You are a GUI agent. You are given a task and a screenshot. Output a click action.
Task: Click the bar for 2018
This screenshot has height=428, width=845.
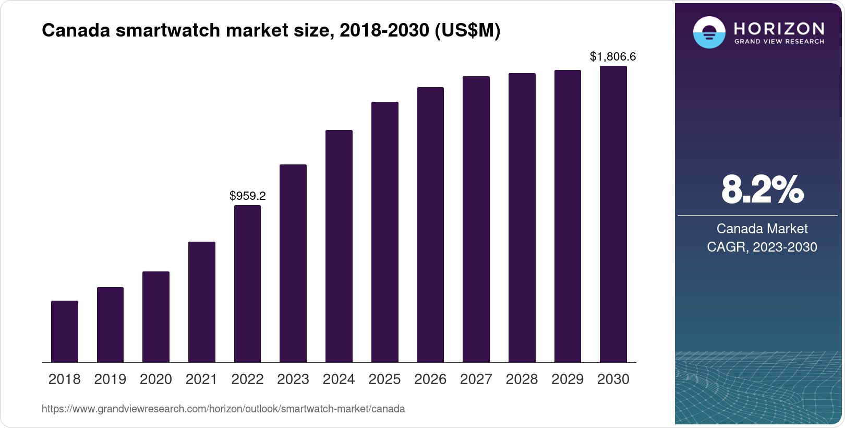65,331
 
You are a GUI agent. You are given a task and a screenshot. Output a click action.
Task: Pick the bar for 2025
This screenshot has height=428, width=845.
385,232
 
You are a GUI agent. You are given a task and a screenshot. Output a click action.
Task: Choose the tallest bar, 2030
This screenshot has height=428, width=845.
613,214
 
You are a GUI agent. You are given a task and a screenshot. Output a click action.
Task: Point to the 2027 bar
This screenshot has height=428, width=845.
476,219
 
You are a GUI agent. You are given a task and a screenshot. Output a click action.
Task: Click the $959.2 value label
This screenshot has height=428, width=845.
248,196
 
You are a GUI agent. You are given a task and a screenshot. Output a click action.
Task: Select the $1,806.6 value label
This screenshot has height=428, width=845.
613,56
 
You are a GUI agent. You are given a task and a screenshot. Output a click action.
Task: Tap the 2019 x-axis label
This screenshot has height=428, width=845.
110,379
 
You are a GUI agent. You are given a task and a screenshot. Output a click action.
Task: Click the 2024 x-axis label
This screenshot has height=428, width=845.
339,379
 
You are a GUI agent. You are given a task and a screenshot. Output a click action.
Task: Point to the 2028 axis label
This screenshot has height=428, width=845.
522,379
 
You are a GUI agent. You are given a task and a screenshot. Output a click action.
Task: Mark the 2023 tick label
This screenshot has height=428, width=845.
293,379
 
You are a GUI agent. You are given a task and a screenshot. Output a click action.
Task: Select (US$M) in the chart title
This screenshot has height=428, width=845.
467,31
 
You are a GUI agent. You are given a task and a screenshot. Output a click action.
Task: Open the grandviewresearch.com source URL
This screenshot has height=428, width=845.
223,409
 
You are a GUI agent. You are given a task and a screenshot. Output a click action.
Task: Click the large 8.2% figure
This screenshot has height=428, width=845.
762,190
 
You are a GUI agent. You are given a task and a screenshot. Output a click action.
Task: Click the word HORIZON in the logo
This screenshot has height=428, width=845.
779,28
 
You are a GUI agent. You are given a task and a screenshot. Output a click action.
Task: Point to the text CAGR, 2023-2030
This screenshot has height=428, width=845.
762,247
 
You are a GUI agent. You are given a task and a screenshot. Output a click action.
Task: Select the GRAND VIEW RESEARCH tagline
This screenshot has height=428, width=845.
779,42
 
